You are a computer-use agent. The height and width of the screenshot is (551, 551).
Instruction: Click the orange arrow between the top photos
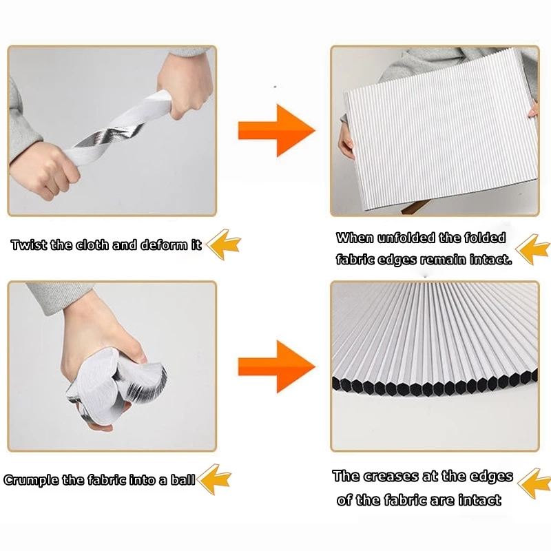[277, 130]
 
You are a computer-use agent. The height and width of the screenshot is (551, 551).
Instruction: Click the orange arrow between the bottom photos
[277, 366]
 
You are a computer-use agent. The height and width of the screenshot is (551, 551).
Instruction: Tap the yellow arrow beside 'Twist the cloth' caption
[223, 245]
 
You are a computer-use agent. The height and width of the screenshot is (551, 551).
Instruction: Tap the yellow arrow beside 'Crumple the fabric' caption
[214, 479]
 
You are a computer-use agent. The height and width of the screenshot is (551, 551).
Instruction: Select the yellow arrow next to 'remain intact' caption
[532, 249]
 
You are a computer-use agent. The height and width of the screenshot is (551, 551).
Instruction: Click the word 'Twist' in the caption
[29, 245]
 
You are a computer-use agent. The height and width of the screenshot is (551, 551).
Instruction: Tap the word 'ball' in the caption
[183, 479]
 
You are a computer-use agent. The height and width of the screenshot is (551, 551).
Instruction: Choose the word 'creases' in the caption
[391, 477]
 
